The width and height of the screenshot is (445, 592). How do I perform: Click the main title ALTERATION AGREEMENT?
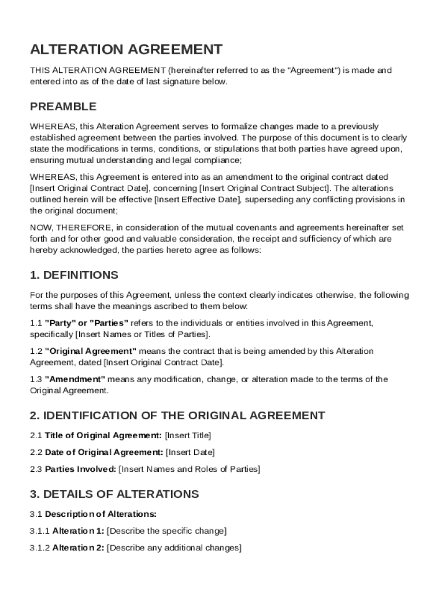[x=126, y=49]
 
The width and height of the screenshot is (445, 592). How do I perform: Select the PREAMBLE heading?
[x=63, y=107]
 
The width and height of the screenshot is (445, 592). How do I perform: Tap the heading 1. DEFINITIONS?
[x=74, y=275]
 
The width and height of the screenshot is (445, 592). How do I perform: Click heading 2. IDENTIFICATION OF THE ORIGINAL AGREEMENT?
[x=177, y=415]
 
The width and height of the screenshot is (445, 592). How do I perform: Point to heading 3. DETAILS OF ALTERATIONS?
[x=114, y=494]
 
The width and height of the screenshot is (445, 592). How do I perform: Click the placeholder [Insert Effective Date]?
[x=196, y=199]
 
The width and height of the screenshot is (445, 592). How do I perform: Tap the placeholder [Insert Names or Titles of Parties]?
[x=143, y=335]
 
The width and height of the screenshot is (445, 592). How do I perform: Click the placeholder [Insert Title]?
[x=188, y=435]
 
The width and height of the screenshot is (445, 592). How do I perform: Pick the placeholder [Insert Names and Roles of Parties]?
[x=190, y=469]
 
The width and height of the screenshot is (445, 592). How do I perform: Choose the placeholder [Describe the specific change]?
[x=167, y=531]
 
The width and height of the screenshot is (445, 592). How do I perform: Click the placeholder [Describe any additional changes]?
[x=174, y=547]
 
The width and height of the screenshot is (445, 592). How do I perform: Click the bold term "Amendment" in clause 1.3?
[x=75, y=379]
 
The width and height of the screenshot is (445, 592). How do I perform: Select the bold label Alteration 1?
[x=78, y=531]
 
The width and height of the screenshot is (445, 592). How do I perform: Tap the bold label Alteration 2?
[x=78, y=547]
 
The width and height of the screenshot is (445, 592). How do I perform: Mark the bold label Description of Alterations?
[x=101, y=513]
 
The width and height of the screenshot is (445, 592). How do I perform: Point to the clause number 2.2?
[x=36, y=452]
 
